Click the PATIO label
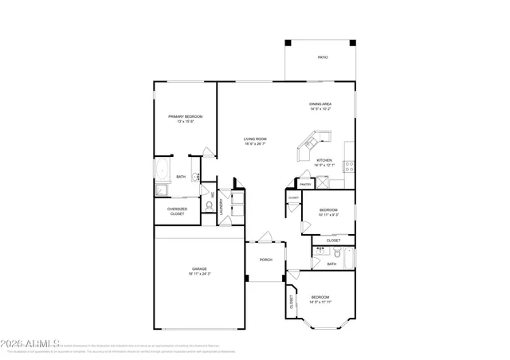(x=323, y=57)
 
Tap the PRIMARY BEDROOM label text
(x=185, y=117)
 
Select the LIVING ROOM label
(x=255, y=139)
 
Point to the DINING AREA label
(x=320, y=104)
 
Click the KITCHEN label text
(x=324, y=160)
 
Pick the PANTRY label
(x=305, y=184)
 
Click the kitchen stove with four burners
(x=348, y=166)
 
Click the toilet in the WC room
(x=209, y=205)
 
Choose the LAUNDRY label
(x=222, y=205)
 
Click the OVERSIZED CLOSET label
(x=176, y=211)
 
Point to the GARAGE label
(x=199, y=269)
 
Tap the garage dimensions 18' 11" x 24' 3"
(x=199, y=274)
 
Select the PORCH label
(x=266, y=260)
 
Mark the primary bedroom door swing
(x=207, y=151)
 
